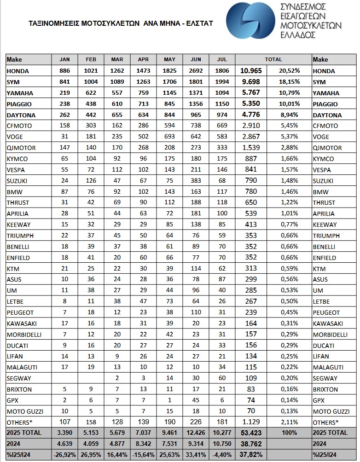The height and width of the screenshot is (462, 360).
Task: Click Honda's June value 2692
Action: coord(196,71)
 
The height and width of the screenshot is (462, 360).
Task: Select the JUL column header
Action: coord(222,60)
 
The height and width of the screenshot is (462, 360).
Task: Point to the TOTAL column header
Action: coord(273,60)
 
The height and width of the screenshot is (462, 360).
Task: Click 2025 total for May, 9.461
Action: coord(169,433)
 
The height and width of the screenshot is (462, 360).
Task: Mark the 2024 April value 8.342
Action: coord(143,444)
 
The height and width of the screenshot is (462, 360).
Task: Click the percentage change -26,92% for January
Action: coord(64,455)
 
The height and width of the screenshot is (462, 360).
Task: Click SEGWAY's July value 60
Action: coord(222,378)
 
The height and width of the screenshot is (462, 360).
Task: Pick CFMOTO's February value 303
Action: coord(91,126)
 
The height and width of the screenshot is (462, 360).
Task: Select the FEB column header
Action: coord(91,60)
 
